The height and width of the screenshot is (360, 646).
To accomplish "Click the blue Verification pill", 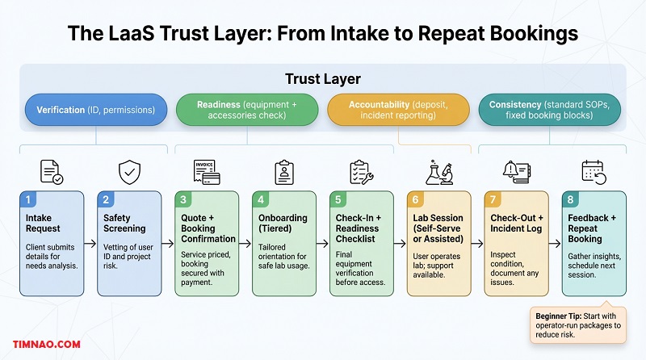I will [x=95, y=111].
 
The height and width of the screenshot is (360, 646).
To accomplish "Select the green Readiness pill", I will [x=247, y=111].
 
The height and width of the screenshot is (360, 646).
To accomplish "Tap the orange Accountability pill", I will [x=398, y=111].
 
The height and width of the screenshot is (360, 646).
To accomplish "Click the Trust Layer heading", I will [x=322, y=79].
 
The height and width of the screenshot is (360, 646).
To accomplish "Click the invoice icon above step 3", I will [x=208, y=173].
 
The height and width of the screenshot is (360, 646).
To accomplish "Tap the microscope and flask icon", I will [x=439, y=173].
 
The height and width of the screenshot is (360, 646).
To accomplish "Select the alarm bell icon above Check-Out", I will [x=514, y=173].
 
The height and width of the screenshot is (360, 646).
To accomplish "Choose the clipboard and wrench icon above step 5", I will [x=361, y=173].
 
